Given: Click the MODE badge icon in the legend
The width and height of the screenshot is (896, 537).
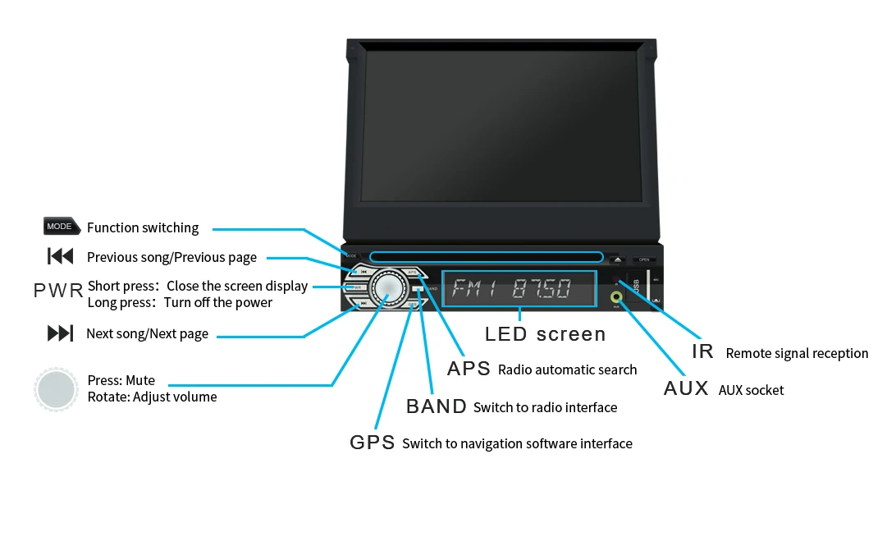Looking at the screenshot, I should [61, 227].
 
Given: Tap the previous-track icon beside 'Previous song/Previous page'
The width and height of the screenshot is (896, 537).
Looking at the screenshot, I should [61, 257].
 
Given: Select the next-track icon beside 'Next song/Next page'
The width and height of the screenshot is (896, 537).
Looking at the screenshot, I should [61, 333].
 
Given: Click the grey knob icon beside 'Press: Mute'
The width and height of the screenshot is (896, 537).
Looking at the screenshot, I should [57, 389].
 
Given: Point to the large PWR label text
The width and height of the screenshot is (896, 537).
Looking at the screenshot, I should [58, 290].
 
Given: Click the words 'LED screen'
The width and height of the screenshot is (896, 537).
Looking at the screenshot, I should [545, 334].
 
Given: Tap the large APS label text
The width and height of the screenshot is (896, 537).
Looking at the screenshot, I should [469, 369].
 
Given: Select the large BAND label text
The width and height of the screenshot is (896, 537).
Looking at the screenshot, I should [437, 406].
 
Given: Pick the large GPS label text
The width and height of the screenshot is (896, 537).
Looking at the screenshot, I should [372, 443].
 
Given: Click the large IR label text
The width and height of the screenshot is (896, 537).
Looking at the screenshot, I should [702, 351].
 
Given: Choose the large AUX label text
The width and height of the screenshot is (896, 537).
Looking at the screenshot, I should [686, 388].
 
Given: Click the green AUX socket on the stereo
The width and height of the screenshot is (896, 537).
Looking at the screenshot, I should [616, 296].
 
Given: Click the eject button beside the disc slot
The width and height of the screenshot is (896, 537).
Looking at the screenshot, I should [617, 259].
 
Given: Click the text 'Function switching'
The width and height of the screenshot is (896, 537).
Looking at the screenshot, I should [143, 227].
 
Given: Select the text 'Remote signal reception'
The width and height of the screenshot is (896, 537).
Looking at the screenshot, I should [797, 353].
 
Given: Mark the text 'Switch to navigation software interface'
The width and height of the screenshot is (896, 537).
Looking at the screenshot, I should [517, 443].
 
